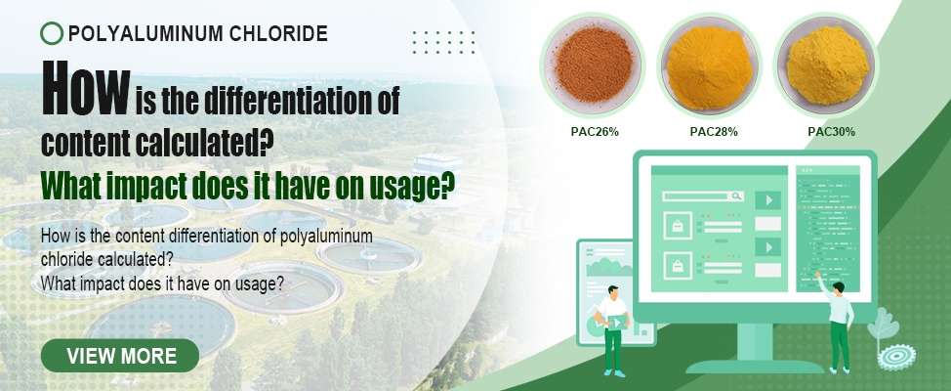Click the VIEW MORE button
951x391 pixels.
[x=120, y=356]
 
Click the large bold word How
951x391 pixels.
[x=86, y=91]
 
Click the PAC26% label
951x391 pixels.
[x=595, y=132]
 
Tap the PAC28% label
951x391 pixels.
[x=714, y=132]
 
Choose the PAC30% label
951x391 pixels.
[x=832, y=132]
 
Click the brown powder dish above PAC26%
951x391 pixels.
[x=594, y=65]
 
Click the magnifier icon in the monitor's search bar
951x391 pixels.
[x=736, y=196]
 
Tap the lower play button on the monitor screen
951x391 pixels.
[x=767, y=247]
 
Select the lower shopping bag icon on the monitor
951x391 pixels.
[x=678, y=265]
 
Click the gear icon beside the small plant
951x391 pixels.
[x=896, y=357]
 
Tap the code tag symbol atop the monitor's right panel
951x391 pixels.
[x=807, y=171]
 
